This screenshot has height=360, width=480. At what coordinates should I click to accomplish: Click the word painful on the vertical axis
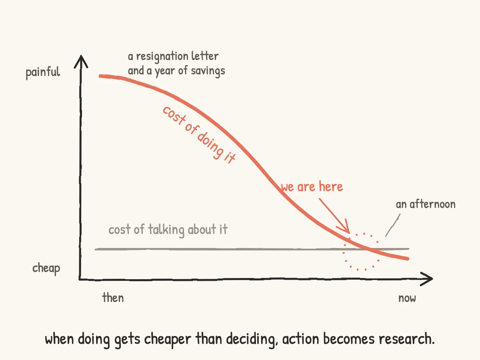click(43, 72)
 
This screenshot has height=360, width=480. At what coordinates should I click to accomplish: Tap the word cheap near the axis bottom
click(46, 268)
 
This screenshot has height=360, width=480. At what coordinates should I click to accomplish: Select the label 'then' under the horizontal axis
click(113, 298)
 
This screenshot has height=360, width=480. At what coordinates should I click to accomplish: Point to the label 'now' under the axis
click(407, 298)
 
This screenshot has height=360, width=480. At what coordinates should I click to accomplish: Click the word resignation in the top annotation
click(162, 57)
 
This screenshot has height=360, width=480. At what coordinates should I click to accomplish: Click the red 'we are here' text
click(312, 186)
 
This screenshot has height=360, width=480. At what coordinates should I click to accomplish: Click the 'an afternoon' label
click(426, 204)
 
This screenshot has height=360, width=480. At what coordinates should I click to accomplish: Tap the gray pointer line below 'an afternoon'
click(393, 225)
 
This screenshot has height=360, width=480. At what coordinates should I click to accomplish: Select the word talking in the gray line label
click(166, 230)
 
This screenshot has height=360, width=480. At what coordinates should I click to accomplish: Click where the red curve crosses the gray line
click(371, 249)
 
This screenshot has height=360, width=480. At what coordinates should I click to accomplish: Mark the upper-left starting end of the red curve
click(100, 76)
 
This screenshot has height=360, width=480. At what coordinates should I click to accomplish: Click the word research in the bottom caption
click(406, 339)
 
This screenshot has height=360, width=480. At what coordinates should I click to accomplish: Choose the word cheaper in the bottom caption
click(168, 340)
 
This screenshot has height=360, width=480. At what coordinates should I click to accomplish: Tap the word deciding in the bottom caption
click(252, 340)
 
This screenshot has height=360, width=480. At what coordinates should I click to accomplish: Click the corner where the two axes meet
click(80, 279)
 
